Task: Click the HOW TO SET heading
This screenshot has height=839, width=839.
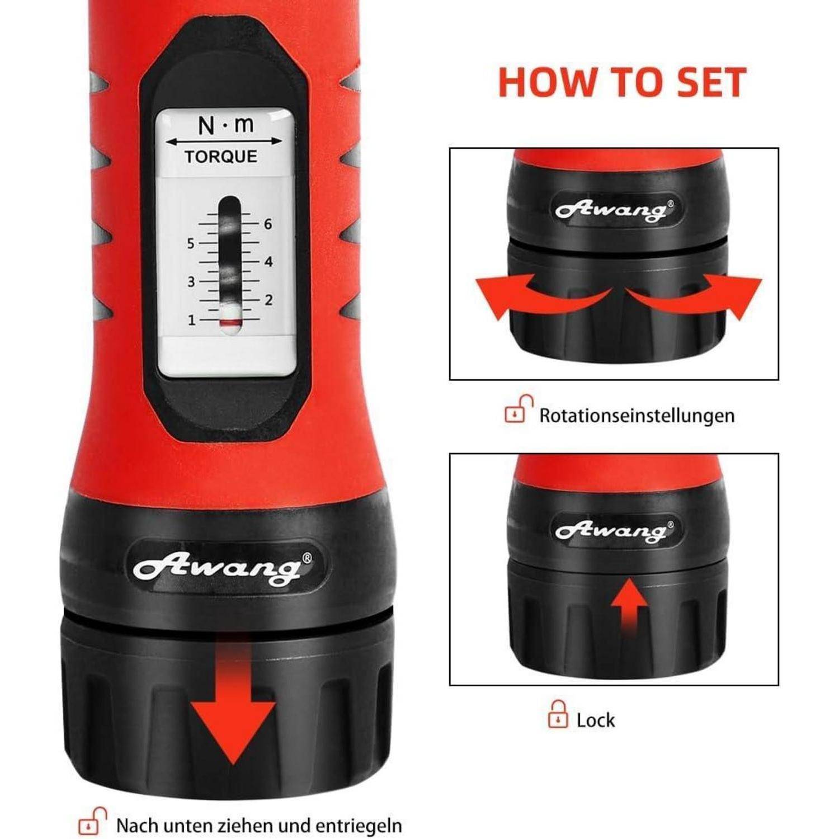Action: tap(622, 82)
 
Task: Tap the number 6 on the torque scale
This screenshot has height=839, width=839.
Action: tap(268, 224)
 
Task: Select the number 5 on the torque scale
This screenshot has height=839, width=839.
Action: tap(191, 243)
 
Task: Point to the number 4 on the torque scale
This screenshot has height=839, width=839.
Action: tap(268, 262)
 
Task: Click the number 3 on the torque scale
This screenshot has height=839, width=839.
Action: tap(191, 281)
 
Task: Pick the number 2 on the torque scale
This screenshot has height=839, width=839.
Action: tap(268, 300)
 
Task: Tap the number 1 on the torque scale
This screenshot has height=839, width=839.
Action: tap(191, 320)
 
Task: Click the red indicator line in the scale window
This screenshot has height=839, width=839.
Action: tap(230, 323)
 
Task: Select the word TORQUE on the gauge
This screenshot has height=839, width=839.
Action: tap(221, 157)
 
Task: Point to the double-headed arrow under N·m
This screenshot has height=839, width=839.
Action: tap(224, 141)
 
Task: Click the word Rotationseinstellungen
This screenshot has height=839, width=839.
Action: tap(637, 416)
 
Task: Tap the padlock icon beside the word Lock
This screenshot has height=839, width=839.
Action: tap(558, 714)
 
